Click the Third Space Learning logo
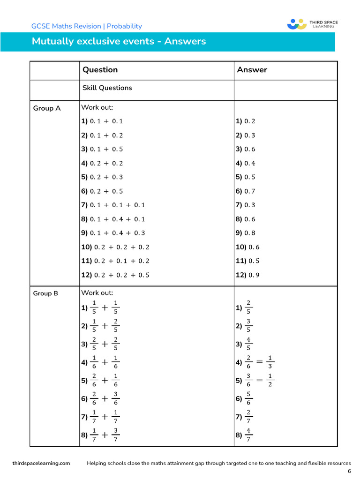click(x=312, y=24)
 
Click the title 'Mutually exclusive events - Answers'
click(x=119, y=41)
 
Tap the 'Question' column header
click(x=100, y=70)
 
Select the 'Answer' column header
click(x=252, y=70)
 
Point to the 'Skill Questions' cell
click(x=107, y=88)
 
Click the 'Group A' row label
click(x=46, y=108)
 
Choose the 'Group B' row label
click(x=45, y=293)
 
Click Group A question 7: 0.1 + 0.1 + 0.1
click(x=113, y=205)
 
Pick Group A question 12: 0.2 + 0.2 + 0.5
click(x=115, y=275)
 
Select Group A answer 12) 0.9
click(x=247, y=275)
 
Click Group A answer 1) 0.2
click(x=245, y=121)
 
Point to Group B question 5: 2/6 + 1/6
click(x=101, y=381)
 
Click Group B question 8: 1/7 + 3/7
click(x=101, y=435)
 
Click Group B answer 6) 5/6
click(x=244, y=399)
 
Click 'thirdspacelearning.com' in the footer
click(x=41, y=463)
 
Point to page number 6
click(x=349, y=471)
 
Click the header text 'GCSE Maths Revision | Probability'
click(x=86, y=26)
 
